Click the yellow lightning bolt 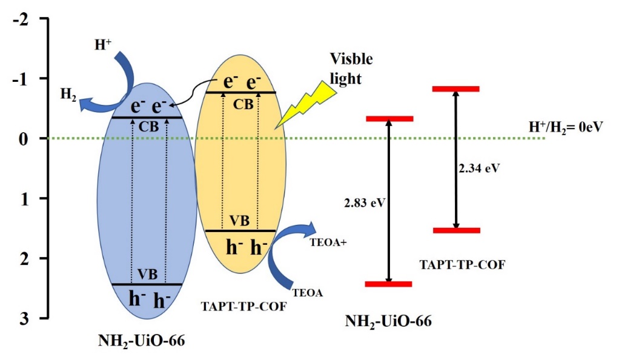[x=306, y=105]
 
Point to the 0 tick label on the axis [x=27, y=139]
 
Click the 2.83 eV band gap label [x=356, y=204]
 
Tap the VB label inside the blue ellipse [x=147, y=274]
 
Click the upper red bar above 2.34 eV [x=457, y=89]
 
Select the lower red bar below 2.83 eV [x=389, y=284]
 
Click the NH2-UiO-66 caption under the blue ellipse [x=141, y=342]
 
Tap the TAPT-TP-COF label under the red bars [x=462, y=265]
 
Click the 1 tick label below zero [x=27, y=199]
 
